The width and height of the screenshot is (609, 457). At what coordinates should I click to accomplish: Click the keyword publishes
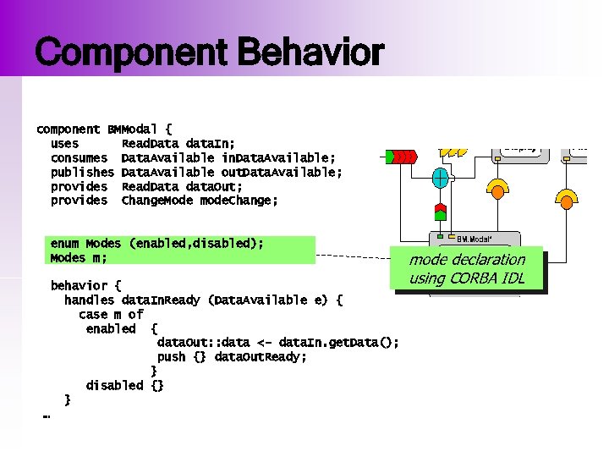(82, 173)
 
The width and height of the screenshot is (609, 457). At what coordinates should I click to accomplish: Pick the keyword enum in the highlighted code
(64, 244)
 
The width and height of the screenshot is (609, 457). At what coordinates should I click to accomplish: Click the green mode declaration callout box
(467, 269)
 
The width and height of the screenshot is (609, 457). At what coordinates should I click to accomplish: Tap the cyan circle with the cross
(441, 179)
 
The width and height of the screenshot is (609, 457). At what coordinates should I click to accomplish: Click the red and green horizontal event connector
(401, 157)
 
